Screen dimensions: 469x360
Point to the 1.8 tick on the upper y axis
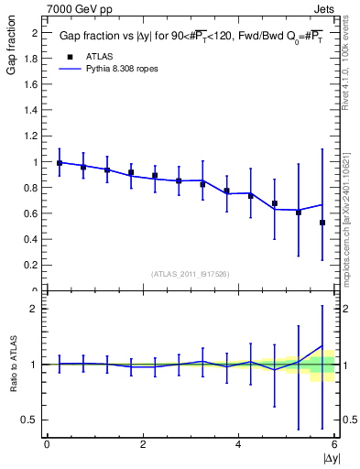(x=32, y=59)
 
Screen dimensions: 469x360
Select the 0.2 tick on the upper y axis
(x=32, y=266)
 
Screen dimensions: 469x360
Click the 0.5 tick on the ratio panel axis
(x=32, y=420)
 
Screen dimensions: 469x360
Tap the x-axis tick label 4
(x=238, y=444)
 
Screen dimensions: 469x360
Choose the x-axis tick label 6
(x=334, y=444)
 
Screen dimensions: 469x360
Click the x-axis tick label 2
(x=143, y=444)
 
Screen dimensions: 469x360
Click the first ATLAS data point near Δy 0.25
(x=60, y=163)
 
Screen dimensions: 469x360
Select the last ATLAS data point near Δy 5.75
(x=322, y=223)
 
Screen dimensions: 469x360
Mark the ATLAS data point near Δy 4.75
(x=275, y=203)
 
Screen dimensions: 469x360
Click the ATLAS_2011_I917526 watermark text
(x=191, y=274)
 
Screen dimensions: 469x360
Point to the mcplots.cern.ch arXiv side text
(x=345, y=189)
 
